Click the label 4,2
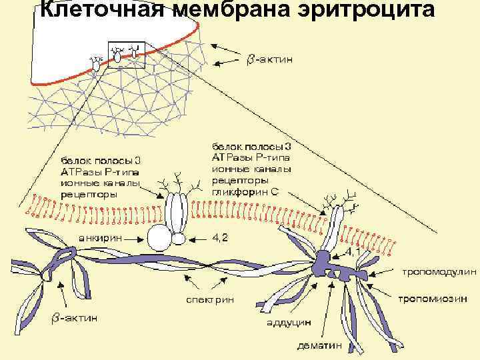220,238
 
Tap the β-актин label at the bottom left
75,318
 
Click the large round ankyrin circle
160,237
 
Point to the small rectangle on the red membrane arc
125,56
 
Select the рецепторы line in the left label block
89,195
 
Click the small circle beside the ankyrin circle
179,238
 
